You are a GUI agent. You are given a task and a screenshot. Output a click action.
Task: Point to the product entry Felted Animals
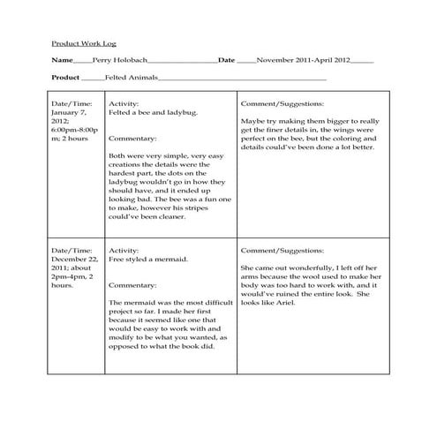(132, 79)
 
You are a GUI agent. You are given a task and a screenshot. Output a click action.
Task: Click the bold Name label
(61, 61)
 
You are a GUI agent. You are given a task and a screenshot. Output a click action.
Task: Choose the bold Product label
(66, 79)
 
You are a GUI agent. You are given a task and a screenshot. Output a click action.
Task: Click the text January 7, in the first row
(69, 114)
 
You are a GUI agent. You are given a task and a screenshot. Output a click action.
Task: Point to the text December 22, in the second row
(73, 260)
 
